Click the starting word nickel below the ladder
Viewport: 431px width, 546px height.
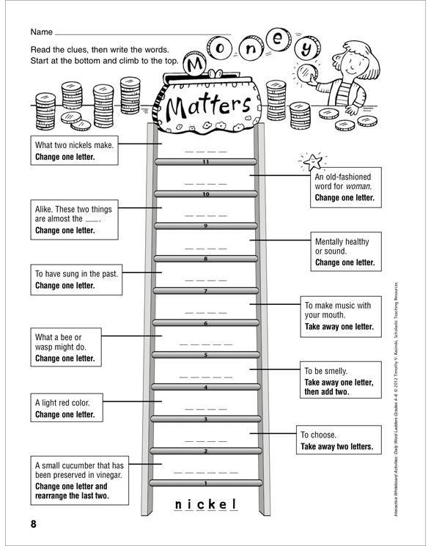pos(206,504)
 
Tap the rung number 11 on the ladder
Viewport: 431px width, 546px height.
pos(206,162)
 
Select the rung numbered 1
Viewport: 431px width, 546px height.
pos(206,483)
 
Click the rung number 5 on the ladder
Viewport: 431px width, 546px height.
pos(206,355)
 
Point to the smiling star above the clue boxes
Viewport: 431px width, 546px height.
pos(312,161)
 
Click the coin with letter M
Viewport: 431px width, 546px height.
pos(195,63)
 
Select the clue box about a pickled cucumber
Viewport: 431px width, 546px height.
pos(79,481)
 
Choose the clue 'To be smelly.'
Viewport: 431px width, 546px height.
pos(341,380)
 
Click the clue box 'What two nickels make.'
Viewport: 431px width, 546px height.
pos(74,150)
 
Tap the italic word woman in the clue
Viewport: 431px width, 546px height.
pos(358,186)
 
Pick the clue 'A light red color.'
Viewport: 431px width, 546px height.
pos(67,407)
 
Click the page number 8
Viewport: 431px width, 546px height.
pos(34,524)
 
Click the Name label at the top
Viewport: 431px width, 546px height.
pos(42,32)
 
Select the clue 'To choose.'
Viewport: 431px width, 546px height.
pos(339,440)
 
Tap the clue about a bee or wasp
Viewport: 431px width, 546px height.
pos(66,347)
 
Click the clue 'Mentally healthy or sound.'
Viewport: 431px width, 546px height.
pos(346,251)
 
